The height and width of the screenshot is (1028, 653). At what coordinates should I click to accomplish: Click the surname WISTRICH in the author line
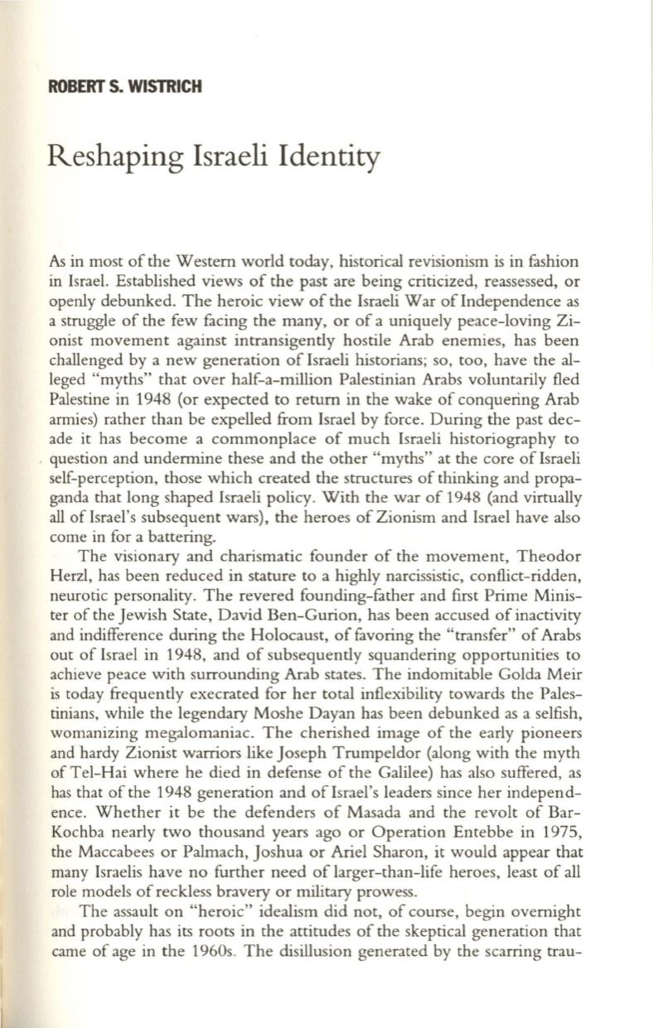click(x=162, y=84)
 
